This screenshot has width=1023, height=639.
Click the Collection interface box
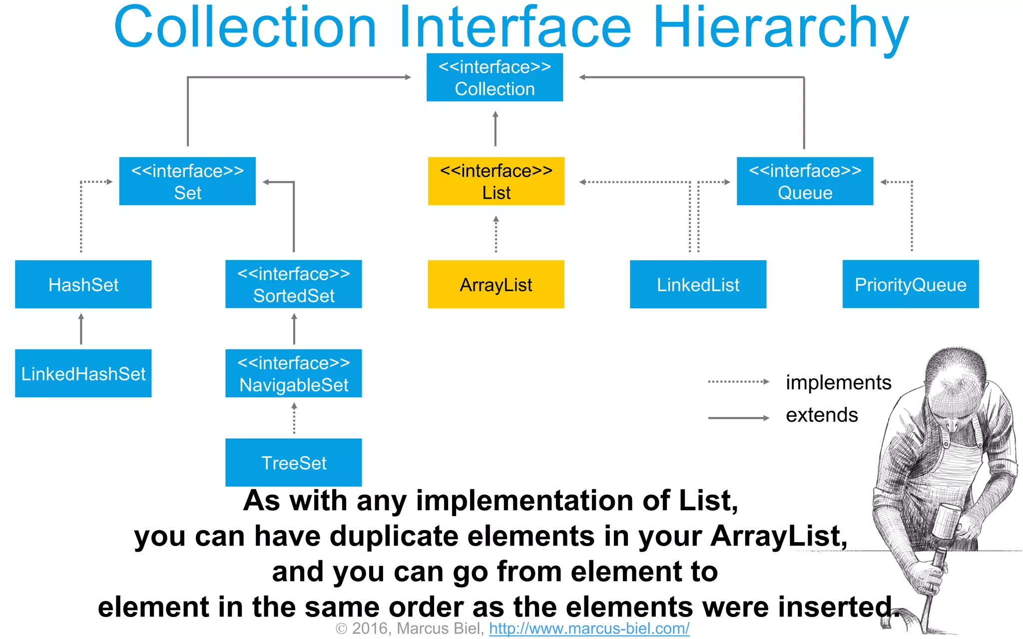[495, 77]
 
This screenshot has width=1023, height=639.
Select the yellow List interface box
[496, 181]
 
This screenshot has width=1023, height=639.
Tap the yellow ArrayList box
[496, 285]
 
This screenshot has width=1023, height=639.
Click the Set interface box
[187, 181]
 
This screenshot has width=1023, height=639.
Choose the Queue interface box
[805, 181]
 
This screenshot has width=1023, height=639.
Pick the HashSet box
[83, 285]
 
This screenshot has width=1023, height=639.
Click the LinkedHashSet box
[83, 373]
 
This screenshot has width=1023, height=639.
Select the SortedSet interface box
[294, 285]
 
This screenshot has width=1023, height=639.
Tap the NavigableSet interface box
[294, 373]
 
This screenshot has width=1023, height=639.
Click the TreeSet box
[294, 463]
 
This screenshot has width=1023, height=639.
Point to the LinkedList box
[698, 285]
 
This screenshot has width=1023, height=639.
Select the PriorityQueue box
[910, 285]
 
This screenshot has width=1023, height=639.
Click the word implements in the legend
[838, 382]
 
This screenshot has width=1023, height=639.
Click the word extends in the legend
[822, 415]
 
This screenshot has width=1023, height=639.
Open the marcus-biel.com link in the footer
[589, 629]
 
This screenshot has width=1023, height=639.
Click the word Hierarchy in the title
[780, 27]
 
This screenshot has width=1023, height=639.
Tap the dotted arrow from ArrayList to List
[496, 234]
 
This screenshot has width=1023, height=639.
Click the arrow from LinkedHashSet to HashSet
[81, 329]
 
